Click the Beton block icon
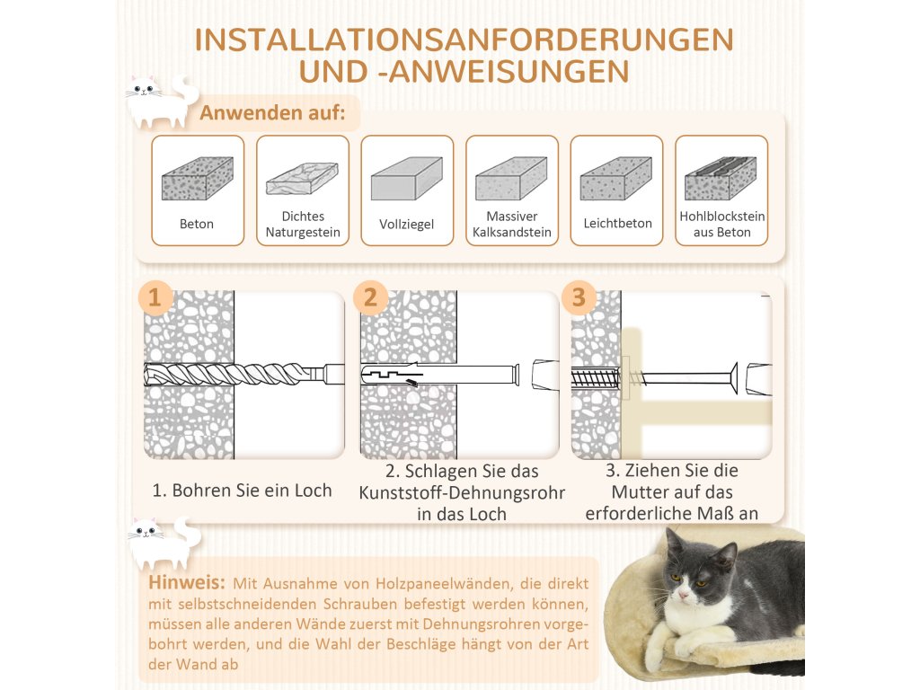click(x=197, y=179)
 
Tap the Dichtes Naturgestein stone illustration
click(x=302, y=179)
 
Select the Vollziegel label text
click(x=407, y=224)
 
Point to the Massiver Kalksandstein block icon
click(x=511, y=179)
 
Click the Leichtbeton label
click(x=617, y=223)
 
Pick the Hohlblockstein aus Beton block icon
click(x=721, y=179)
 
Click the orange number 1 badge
click(x=155, y=298)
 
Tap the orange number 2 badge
click(x=370, y=298)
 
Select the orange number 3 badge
click(x=579, y=297)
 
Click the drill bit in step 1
click(x=243, y=374)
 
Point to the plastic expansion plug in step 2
click(x=440, y=375)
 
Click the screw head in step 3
click(x=733, y=378)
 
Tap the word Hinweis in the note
click(x=187, y=582)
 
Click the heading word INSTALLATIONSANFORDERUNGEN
click(x=464, y=40)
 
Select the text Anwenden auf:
click(x=272, y=112)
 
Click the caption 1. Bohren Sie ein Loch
click(x=242, y=490)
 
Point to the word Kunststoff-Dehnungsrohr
click(x=462, y=493)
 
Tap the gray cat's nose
click(x=683, y=596)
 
